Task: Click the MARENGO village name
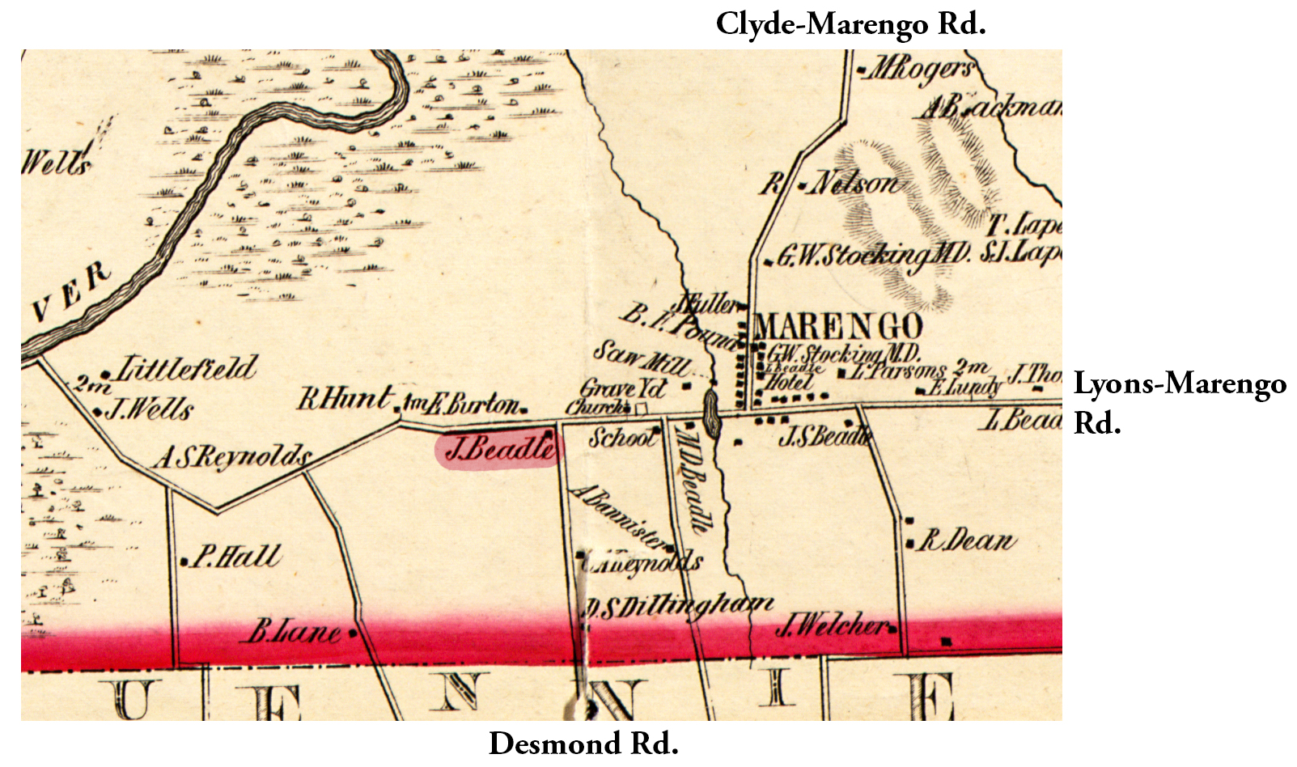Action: point(837,327)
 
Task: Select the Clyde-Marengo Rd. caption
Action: point(850,24)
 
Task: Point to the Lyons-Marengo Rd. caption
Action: point(1179,402)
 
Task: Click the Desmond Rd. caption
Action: point(583,744)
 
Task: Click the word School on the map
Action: point(621,438)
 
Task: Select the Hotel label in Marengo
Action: point(789,381)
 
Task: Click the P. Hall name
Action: point(235,557)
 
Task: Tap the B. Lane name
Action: point(295,631)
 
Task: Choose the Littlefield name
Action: point(186,370)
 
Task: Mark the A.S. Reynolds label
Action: point(233,457)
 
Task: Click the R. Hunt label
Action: point(345,398)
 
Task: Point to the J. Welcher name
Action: point(833,625)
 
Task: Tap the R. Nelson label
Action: point(833,184)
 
